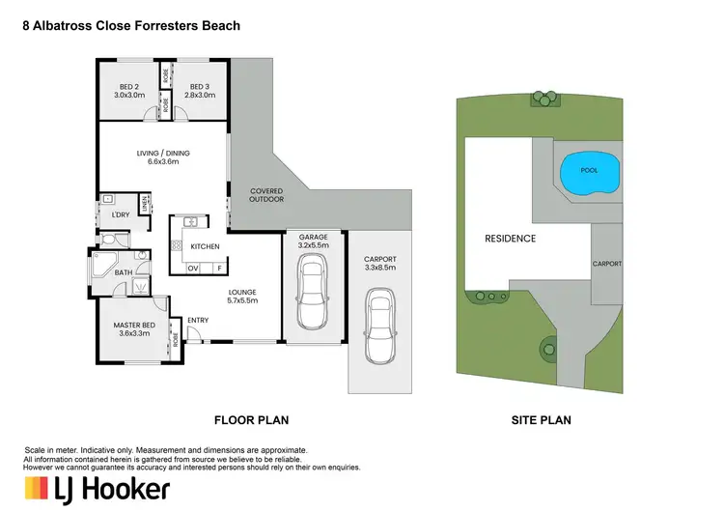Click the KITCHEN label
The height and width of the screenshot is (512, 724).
206,246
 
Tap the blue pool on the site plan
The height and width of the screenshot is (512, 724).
588,170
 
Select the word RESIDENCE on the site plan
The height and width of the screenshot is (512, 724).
510,238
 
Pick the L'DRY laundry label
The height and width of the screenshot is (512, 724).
121,214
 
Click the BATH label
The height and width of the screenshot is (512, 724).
123,273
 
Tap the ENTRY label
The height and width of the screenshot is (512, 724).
198,320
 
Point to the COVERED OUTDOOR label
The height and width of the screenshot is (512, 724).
266,195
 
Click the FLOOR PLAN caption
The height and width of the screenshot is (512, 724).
251,420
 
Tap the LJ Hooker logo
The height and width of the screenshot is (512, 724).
97,489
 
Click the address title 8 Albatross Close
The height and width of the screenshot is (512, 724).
131,26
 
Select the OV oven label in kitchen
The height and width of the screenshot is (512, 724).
192,268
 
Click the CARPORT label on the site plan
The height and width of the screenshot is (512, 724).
606,264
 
